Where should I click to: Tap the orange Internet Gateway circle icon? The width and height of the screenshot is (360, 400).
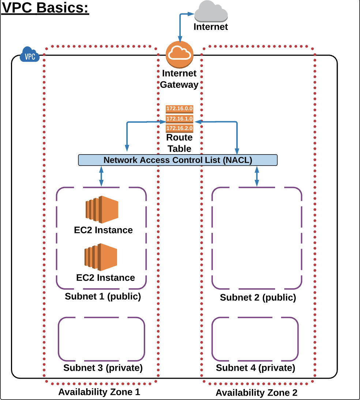179,55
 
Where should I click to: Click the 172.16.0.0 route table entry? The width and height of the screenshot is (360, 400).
179,108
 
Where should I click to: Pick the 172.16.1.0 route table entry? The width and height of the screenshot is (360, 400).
179,119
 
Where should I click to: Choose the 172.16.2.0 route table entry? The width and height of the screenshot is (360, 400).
179,128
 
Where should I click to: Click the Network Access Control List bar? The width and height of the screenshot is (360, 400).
178,160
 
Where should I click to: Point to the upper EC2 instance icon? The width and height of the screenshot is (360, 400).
102,210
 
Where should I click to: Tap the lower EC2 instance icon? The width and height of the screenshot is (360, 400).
101,257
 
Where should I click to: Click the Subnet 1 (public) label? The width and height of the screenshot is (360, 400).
103,296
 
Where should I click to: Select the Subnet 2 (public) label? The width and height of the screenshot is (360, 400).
258,297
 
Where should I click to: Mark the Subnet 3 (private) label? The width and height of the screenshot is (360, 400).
103,367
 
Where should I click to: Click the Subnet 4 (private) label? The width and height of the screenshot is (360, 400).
255,367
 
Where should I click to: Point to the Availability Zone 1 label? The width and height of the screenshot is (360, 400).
99,392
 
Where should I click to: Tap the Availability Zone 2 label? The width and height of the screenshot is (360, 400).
256,393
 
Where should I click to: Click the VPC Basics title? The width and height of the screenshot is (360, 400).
45,8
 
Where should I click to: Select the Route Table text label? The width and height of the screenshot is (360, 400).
179,143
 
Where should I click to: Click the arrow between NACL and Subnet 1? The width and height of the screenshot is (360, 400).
101,176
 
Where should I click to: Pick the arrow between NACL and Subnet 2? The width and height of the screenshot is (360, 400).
257,176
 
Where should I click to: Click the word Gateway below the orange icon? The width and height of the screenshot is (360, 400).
179,85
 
